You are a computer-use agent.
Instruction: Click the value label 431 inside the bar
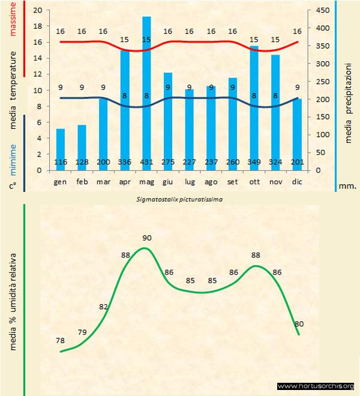(146, 163)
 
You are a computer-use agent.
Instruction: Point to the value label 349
(254, 163)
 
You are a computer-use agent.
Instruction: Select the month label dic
(298, 181)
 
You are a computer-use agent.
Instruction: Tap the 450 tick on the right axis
(323, 10)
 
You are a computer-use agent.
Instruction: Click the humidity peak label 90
(147, 238)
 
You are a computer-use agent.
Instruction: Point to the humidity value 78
(60, 340)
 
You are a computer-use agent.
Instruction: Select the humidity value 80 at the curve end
(299, 324)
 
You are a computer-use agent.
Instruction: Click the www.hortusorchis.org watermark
(316, 386)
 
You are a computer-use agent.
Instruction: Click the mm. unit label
(347, 186)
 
